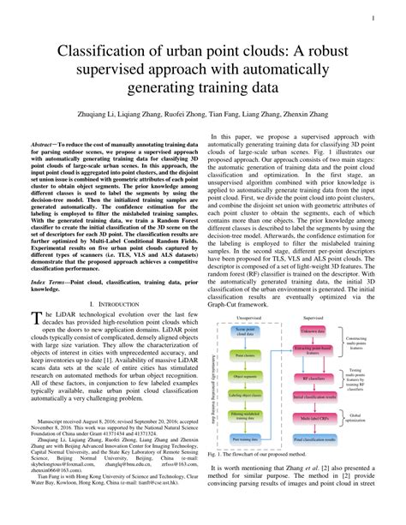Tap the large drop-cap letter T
35,320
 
